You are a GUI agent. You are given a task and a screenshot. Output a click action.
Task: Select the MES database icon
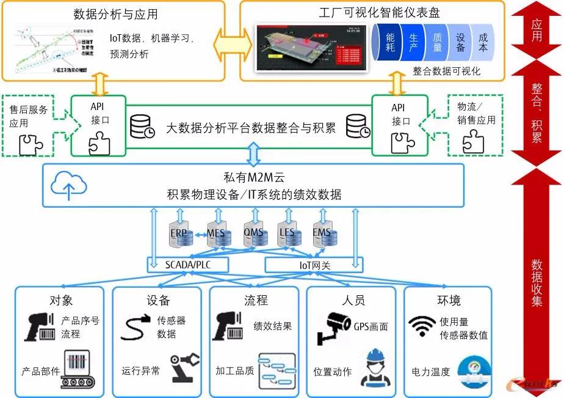pyautogui.click(x=216, y=234)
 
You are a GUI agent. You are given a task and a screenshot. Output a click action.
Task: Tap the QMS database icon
pyautogui.click(x=254, y=234)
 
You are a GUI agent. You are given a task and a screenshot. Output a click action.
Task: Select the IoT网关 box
pyautogui.click(x=313, y=265)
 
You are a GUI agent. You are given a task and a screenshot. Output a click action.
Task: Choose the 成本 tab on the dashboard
pyautogui.click(x=483, y=42)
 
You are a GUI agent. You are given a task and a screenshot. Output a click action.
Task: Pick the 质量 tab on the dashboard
pyautogui.click(x=437, y=42)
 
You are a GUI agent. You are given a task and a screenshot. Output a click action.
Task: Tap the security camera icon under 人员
pyautogui.click(x=333, y=328)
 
